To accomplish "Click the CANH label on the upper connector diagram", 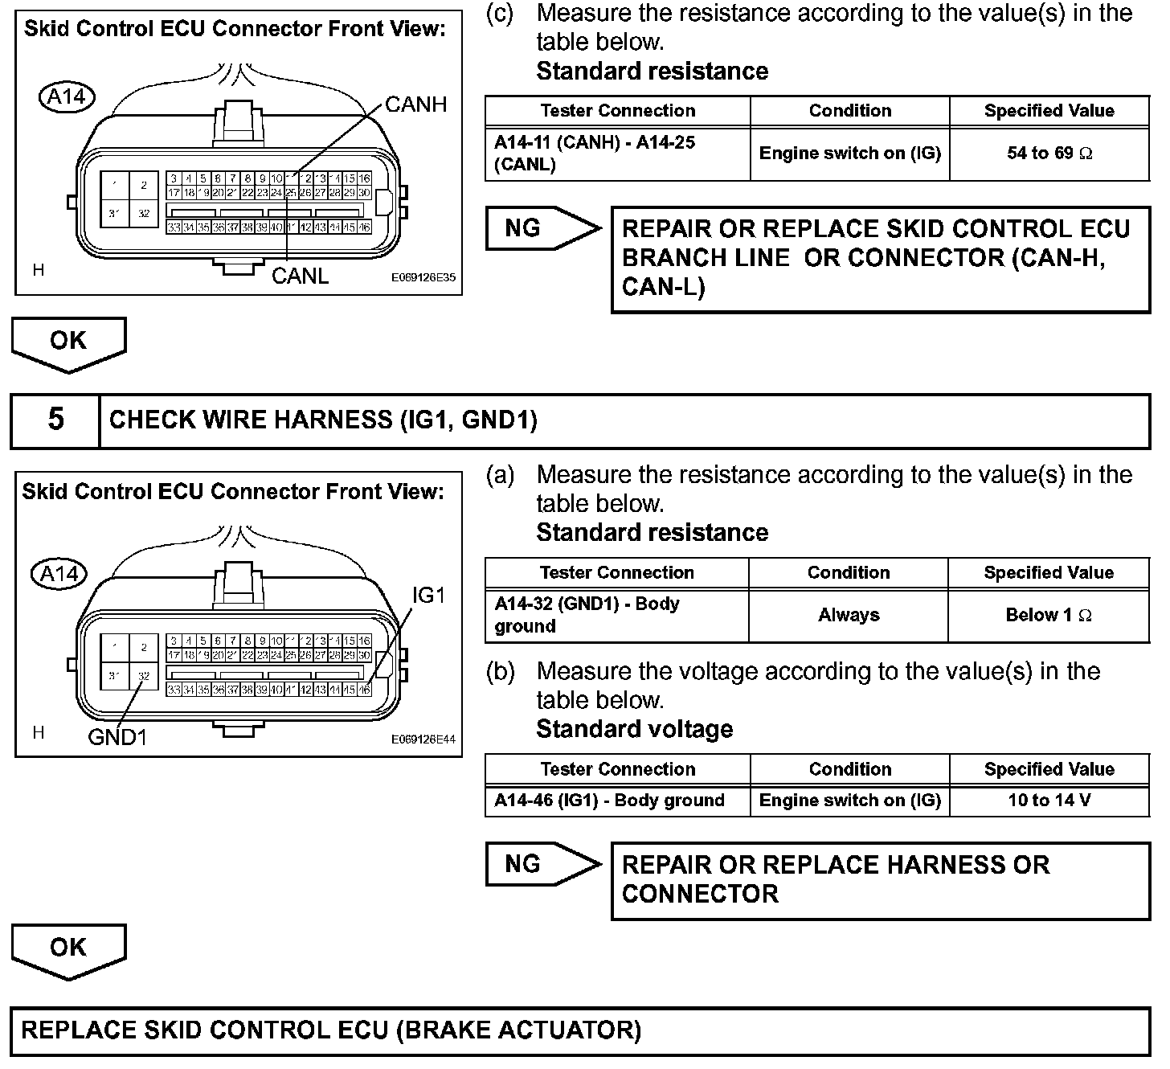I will [x=415, y=104].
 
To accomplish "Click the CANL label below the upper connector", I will [x=300, y=276].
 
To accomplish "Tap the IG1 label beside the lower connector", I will [x=428, y=596].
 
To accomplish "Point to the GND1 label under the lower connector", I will [x=117, y=737].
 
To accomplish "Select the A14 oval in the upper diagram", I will [x=67, y=97].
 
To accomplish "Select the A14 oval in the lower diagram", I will [x=59, y=574].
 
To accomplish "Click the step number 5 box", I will [x=55, y=420].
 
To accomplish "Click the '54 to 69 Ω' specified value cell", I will [x=1049, y=154].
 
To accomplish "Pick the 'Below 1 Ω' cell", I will [x=1048, y=616].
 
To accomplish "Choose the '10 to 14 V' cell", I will [x=1049, y=801].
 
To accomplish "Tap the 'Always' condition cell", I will [x=849, y=616].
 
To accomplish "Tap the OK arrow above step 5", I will [x=68, y=342].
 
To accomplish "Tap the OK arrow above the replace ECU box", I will [x=68, y=949].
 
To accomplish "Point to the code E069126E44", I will [x=423, y=739].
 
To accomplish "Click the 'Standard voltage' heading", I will [x=635, y=730].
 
